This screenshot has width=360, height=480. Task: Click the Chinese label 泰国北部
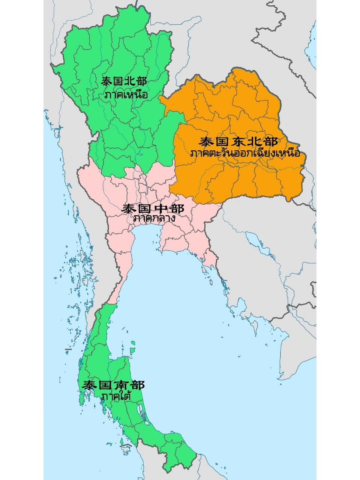(124, 81)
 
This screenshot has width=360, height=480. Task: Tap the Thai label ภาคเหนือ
(126, 95)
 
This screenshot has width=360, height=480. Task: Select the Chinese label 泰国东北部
(239, 142)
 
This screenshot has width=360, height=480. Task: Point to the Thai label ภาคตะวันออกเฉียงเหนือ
(246, 153)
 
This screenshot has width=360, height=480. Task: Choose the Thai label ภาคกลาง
(154, 218)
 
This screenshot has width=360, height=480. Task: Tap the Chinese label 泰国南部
(114, 385)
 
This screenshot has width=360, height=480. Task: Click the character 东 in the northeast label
(238, 142)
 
